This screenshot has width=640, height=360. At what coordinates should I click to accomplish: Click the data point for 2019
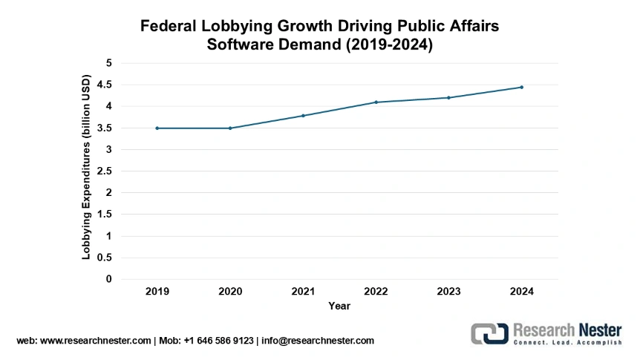(157, 128)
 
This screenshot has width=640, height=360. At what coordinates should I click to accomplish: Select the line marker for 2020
(230, 128)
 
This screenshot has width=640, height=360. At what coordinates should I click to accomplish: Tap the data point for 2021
(303, 116)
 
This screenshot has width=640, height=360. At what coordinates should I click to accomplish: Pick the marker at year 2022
(376, 102)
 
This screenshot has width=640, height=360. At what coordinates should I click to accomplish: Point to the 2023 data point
(449, 98)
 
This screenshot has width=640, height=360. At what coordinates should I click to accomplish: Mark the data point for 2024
(522, 87)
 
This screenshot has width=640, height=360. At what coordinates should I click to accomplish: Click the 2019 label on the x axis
(157, 292)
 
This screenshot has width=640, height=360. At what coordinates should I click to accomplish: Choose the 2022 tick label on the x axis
(376, 292)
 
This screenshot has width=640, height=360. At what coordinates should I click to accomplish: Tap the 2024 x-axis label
(522, 292)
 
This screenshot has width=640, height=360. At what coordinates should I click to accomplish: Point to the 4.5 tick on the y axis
(104, 85)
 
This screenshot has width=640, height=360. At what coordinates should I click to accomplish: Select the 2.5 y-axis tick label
(104, 171)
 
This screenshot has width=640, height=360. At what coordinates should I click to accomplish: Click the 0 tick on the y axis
(108, 280)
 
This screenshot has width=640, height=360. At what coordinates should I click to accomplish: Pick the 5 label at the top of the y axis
(108, 63)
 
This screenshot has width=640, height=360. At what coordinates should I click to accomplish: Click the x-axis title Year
(339, 306)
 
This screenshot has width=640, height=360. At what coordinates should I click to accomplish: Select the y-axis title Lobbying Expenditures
(86, 167)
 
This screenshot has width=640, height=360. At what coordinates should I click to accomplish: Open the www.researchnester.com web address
(94, 341)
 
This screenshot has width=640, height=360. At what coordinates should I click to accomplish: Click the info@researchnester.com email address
(318, 341)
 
